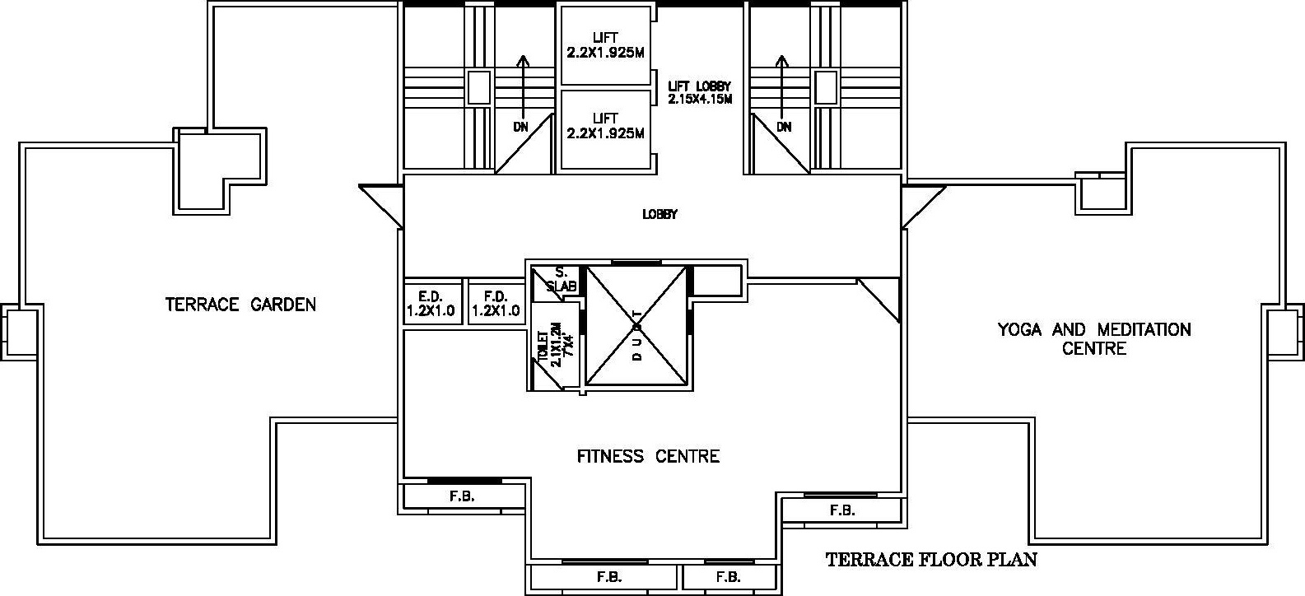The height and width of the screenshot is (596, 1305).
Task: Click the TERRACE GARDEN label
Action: click(240, 304)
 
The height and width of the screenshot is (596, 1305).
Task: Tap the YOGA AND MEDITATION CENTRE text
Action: click(1094, 339)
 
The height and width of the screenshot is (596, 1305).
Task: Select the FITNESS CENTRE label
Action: click(648, 455)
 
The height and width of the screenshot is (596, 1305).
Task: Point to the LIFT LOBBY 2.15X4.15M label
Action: click(700, 93)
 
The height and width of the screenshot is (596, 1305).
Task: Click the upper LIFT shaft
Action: click(605, 44)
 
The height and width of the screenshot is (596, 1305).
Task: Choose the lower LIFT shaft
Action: click(605, 129)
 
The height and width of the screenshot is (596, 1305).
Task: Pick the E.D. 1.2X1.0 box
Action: click(431, 304)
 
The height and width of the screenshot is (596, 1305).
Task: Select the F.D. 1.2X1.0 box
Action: click(496, 304)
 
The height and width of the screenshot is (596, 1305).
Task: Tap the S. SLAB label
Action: click(561, 279)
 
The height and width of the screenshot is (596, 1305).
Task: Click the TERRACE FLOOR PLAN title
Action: click(931, 560)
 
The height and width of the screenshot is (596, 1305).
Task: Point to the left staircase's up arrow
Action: click(523, 87)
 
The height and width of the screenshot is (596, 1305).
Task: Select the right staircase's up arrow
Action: click(782, 87)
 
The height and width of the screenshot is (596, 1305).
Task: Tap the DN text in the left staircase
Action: click(520, 127)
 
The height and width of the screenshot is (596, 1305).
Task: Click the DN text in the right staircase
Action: click(784, 127)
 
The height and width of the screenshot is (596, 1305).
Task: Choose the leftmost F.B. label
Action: click(462, 496)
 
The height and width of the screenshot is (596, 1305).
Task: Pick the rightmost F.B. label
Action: click(841, 510)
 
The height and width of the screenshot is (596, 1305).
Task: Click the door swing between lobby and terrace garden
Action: click(381, 206)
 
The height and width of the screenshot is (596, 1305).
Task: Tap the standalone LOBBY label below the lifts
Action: click(659, 214)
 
